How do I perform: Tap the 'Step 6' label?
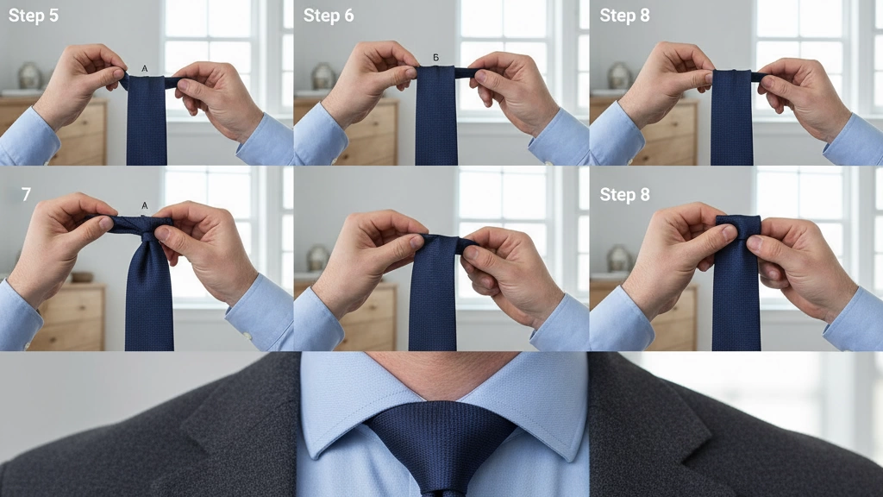click(328, 16)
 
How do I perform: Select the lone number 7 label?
click(26, 195)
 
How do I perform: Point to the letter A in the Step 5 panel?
click(143, 66)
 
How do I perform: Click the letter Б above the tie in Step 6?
click(436, 58)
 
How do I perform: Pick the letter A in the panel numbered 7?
click(144, 206)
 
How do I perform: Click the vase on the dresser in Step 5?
click(29, 76)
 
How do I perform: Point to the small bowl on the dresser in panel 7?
click(81, 277)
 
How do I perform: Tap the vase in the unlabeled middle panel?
click(317, 257)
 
